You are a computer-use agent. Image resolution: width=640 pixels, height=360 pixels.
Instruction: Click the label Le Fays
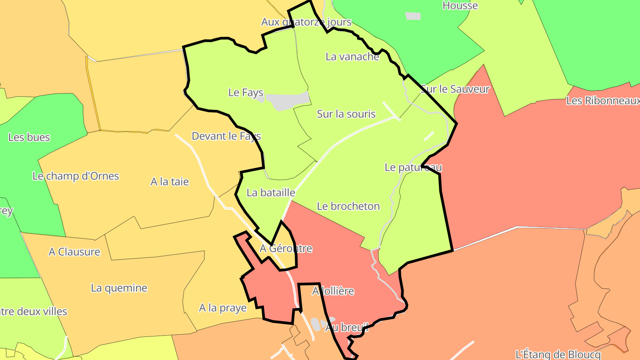(246, 92)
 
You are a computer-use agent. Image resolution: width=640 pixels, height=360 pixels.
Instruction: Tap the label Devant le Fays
(226, 136)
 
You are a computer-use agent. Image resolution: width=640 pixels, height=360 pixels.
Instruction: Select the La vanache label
(352, 56)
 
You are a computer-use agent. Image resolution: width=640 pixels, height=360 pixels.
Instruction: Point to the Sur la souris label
(346, 114)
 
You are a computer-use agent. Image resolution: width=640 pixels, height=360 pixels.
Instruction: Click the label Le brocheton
(348, 206)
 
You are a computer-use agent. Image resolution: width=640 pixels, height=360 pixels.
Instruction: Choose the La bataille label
(271, 192)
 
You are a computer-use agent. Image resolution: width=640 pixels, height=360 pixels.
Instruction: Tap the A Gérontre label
(286, 248)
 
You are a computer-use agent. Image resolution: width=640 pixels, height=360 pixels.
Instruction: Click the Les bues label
(29, 137)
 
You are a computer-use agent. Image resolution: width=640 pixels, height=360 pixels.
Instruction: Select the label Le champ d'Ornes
(76, 176)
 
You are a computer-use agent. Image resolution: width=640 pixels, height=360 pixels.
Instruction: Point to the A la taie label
(170, 181)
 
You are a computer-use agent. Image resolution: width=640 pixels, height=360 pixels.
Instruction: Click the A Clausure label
(75, 252)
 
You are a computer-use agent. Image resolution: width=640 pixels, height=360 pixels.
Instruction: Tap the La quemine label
(119, 288)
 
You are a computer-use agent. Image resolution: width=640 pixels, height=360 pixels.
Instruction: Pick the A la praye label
(223, 308)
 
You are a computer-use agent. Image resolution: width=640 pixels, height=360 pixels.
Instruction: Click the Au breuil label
(347, 328)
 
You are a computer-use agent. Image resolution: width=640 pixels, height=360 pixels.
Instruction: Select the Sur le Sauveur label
(455, 89)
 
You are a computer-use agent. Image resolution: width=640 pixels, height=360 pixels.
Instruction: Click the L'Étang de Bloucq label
(558, 354)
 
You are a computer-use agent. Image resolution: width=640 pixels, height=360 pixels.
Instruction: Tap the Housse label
(460, 6)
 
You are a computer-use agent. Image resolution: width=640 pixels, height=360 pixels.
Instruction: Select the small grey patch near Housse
(413, 16)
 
